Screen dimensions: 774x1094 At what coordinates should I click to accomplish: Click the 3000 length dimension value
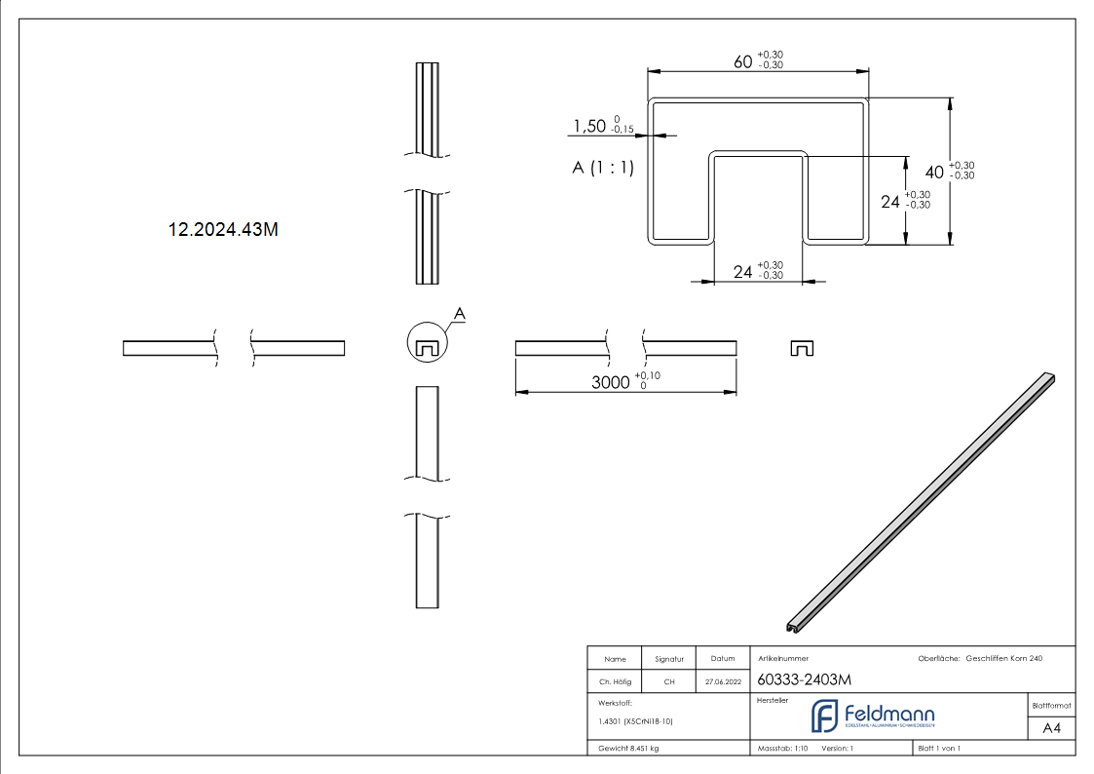(x=611, y=383)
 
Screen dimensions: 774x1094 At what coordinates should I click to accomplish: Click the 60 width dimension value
(x=743, y=61)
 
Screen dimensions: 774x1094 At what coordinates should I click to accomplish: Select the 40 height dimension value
(x=934, y=172)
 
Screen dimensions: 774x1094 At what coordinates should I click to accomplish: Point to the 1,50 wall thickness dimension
(x=589, y=127)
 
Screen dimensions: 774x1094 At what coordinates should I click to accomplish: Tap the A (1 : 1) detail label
(x=603, y=168)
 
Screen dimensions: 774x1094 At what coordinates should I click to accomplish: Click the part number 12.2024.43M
(x=224, y=230)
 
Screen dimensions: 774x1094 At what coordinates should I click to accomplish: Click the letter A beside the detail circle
(x=461, y=313)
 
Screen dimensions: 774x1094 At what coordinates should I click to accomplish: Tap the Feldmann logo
(x=873, y=716)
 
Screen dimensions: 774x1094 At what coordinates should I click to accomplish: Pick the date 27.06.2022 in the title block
(x=722, y=682)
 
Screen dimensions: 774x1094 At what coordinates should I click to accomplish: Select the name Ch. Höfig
(x=615, y=682)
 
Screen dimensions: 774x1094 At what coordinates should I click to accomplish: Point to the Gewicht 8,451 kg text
(x=628, y=749)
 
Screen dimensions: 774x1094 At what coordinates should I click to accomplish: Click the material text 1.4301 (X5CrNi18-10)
(x=636, y=721)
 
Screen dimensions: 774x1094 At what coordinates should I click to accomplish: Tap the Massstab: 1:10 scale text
(x=782, y=749)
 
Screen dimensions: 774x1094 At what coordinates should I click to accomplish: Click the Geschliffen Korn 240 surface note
(x=1003, y=659)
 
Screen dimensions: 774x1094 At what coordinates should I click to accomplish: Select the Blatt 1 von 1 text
(x=939, y=749)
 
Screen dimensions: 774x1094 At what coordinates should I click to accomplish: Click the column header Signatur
(x=669, y=659)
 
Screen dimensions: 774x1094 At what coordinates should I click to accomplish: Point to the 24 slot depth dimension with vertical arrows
(x=890, y=202)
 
